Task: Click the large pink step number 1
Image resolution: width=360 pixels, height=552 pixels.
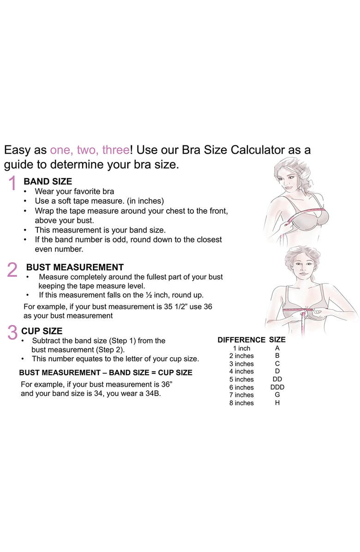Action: click(12, 184)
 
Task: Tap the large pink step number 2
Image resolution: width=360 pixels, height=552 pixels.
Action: click(12, 270)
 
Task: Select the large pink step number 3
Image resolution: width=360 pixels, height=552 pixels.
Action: click(12, 333)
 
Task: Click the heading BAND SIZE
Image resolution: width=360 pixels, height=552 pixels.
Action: click(48, 181)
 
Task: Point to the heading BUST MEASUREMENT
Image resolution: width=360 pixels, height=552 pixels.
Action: click(75, 267)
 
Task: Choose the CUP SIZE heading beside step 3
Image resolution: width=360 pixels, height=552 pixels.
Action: click(42, 331)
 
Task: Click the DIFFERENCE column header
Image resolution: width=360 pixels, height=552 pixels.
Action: click(241, 340)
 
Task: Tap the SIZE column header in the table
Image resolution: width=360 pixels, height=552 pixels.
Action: click(277, 340)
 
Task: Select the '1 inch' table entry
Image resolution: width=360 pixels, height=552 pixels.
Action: click(241, 348)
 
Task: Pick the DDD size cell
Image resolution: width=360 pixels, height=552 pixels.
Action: click(277, 387)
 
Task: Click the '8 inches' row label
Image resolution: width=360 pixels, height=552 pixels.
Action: click(241, 403)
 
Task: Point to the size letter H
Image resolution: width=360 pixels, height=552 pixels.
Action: click(277, 403)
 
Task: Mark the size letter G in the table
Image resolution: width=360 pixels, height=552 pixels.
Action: click(277, 395)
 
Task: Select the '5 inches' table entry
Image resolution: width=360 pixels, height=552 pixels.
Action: click(241, 379)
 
